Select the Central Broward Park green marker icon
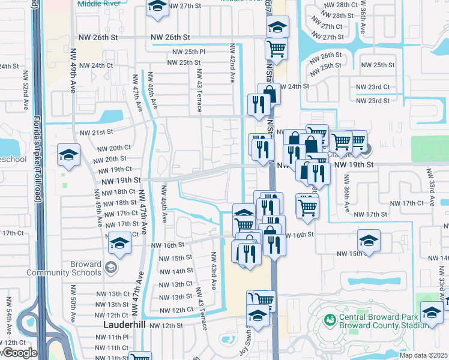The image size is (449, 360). [x=330, y=320]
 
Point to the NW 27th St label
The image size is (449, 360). [x=184, y=5]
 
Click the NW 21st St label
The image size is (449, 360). [x=93, y=132]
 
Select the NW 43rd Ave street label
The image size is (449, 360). [x=213, y=270]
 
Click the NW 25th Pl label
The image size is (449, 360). [x=187, y=52]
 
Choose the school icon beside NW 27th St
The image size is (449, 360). [x=157, y=7]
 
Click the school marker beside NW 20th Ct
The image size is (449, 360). [x=68, y=155]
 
